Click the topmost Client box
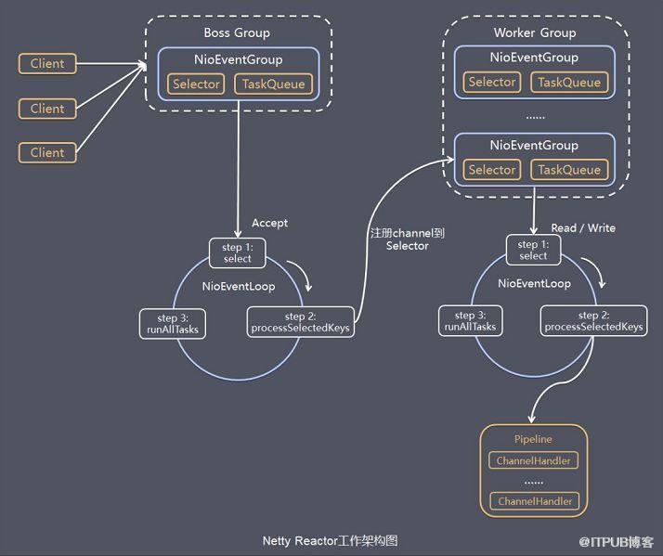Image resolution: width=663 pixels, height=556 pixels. point(47,64)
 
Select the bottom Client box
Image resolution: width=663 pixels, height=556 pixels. point(47,152)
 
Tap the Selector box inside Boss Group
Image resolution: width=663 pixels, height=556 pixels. point(196,84)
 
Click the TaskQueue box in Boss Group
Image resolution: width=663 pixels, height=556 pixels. point(274,84)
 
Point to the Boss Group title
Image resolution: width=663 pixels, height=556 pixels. point(237,33)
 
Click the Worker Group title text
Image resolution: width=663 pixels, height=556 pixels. point(535,33)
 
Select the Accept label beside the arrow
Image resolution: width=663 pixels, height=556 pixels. point(270,223)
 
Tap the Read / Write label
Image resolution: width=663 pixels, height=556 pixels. point(583,228)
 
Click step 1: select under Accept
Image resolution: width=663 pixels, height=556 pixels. point(238,252)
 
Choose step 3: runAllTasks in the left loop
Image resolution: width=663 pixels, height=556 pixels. point(173,324)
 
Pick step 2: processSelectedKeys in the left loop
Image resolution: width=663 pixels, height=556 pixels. point(300,322)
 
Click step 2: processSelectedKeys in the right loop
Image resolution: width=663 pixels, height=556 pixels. point(593,321)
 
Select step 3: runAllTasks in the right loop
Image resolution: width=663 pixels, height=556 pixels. point(470,321)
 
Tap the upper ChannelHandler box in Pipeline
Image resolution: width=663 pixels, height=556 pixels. point(533,460)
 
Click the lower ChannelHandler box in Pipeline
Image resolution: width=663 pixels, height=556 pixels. point(535,501)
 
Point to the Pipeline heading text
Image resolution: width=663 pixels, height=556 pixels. point(533,439)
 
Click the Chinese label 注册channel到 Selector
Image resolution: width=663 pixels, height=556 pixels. point(408,239)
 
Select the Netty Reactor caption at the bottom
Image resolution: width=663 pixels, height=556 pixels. point(330,541)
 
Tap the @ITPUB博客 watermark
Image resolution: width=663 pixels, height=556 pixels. point(616,542)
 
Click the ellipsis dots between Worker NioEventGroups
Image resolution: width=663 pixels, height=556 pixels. point(535,117)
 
